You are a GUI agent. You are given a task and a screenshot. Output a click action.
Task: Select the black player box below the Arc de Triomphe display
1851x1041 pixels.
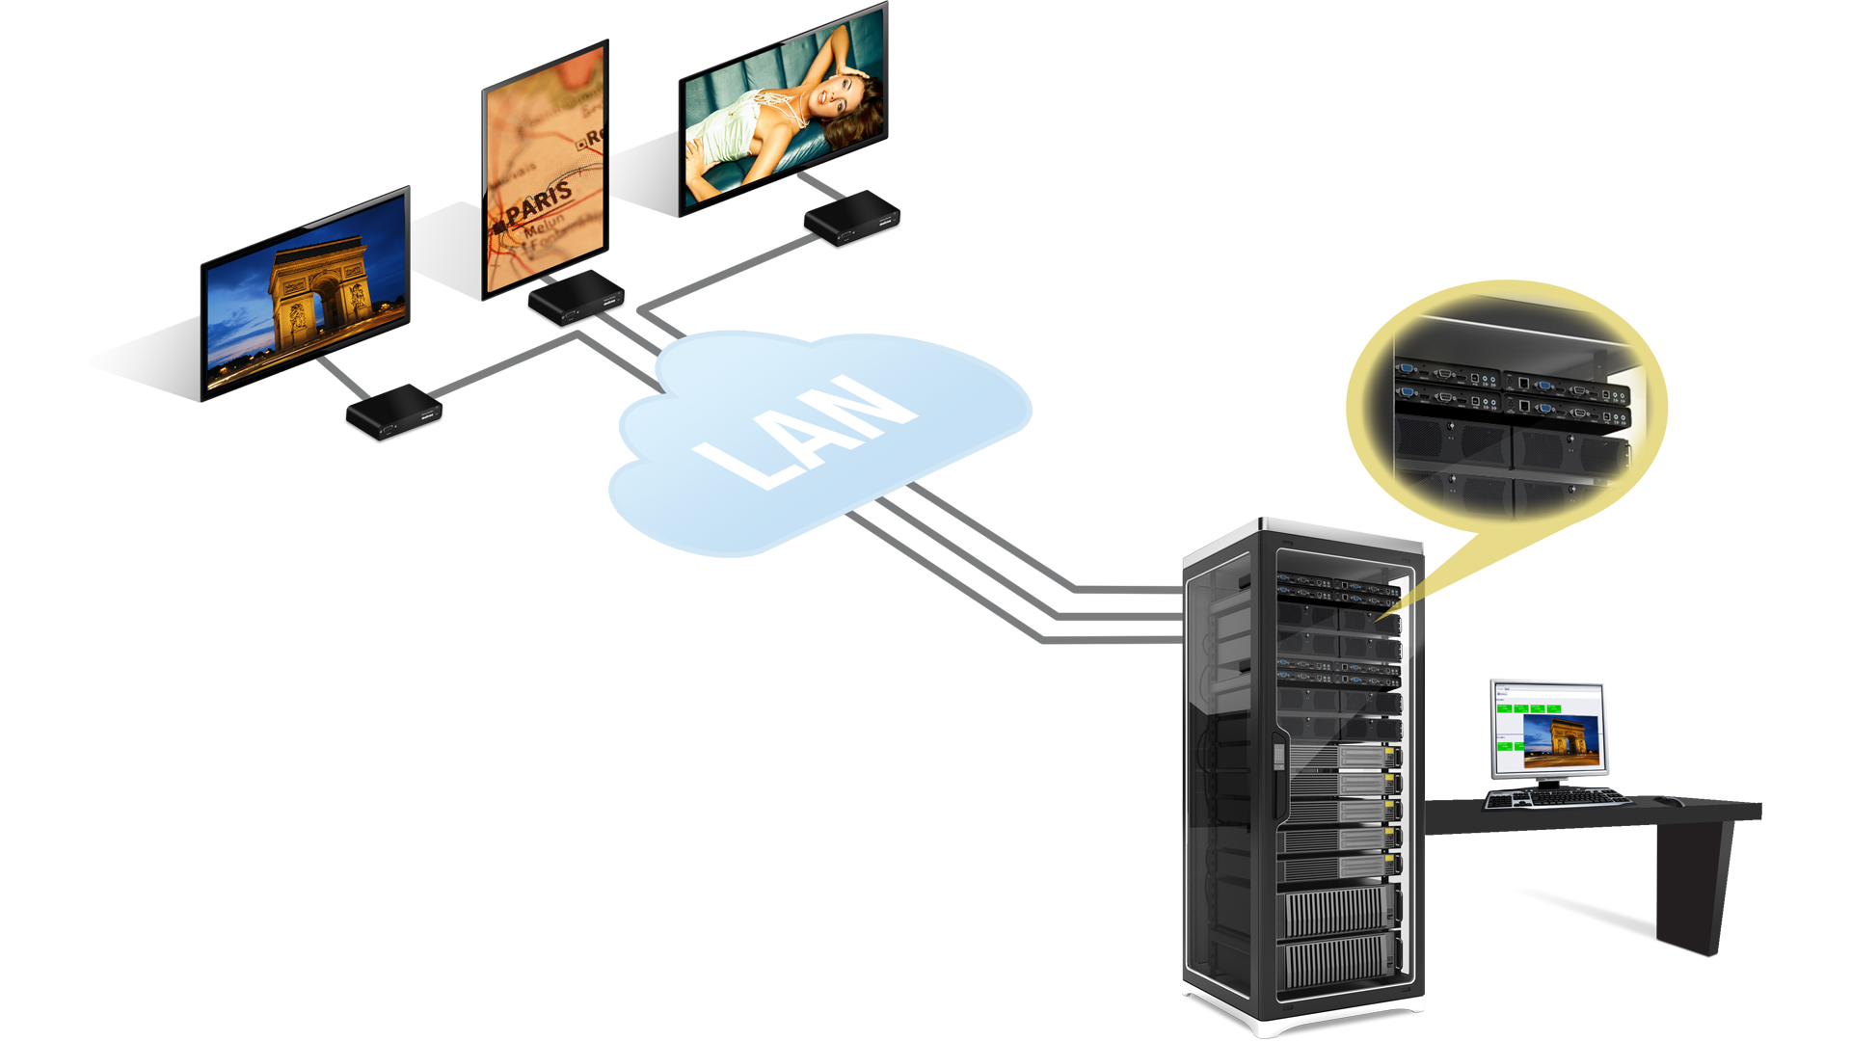pyautogui.click(x=394, y=412)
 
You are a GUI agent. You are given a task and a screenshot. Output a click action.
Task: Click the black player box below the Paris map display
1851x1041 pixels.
pyautogui.click(x=576, y=298)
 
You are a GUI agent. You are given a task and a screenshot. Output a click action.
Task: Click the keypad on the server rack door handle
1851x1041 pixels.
pyautogui.click(x=1278, y=753)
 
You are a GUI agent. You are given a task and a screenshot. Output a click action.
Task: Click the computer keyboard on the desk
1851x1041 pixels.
pyautogui.click(x=1556, y=798)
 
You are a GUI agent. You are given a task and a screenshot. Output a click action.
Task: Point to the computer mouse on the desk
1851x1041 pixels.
pyautogui.click(x=1667, y=801)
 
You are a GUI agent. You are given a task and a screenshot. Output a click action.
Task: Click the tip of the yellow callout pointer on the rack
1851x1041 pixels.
pyautogui.click(x=1378, y=618)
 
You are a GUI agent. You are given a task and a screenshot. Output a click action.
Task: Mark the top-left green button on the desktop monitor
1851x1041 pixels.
pyautogui.click(x=1503, y=708)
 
